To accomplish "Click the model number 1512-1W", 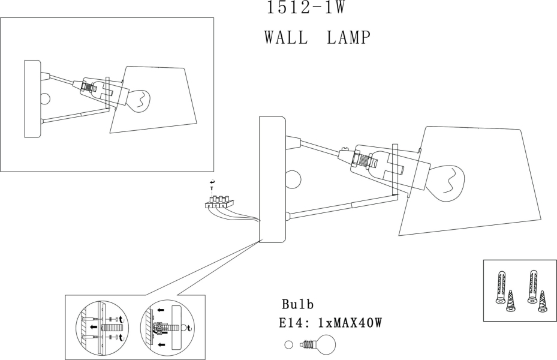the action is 306,7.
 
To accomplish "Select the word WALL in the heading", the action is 286,37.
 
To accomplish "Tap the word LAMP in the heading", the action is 348,37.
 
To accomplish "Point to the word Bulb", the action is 297,305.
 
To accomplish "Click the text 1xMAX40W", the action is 350,323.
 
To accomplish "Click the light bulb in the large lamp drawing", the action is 447,183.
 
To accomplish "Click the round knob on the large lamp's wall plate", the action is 293,179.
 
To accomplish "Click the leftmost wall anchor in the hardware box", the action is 501,287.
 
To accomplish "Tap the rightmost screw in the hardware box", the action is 542,301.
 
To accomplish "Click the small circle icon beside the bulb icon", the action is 288,345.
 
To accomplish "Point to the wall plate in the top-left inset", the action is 33,99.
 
